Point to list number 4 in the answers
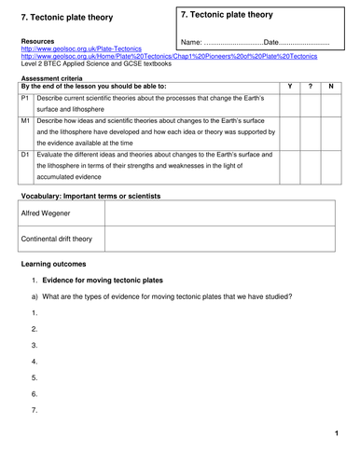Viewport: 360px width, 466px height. [x=35, y=361]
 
